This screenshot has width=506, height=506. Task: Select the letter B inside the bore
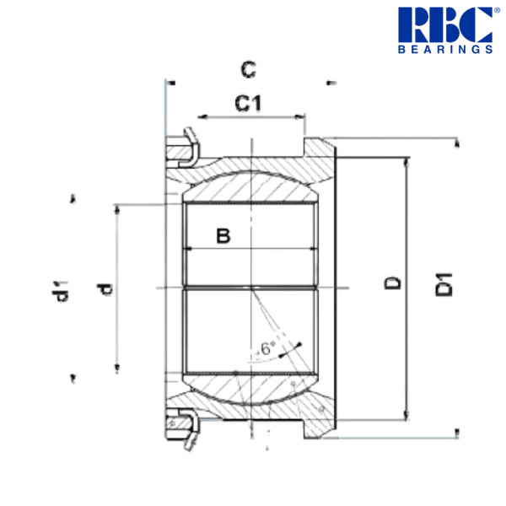(x=223, y=236)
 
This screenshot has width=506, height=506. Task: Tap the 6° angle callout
(x=267, y=347)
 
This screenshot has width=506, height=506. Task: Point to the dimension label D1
(x=444, y=283)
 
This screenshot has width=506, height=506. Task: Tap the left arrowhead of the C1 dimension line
(x=201, y=116)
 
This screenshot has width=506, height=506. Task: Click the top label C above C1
(x=248, y=67)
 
